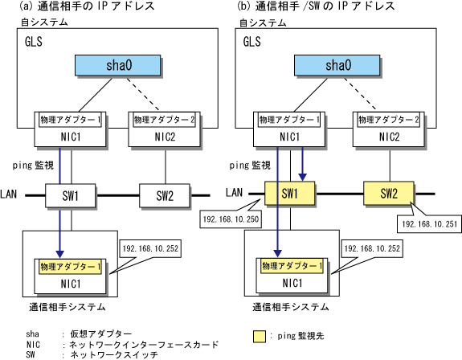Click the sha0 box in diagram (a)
coord(118,65)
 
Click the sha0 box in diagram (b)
coord(337,65)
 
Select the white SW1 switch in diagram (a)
coord(70,195)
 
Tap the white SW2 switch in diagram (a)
coord(165,195)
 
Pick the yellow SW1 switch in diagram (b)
coord(289,193)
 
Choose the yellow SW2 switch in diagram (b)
coord(389,193)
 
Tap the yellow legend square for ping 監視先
coord(259,337)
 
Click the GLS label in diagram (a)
coord(34,42)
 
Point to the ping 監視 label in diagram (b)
coord(250,166)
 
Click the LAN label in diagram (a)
coord(9,194)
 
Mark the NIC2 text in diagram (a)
coord(165,137)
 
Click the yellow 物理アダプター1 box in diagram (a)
coord(70,267)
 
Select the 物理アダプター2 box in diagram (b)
coord(388,120)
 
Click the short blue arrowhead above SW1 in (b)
coord(303,177)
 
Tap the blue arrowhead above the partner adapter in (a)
coord(59,254)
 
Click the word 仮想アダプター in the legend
coord(100,334)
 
